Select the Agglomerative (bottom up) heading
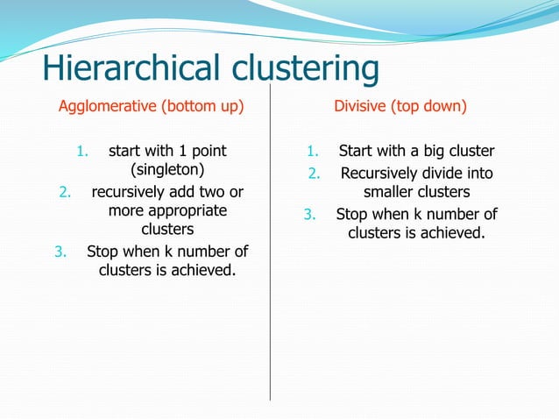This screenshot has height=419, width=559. point(150,107)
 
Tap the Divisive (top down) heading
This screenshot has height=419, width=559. point(400,107)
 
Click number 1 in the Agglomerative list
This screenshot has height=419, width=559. point(81,152)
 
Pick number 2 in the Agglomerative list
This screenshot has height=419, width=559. point(64,191)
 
